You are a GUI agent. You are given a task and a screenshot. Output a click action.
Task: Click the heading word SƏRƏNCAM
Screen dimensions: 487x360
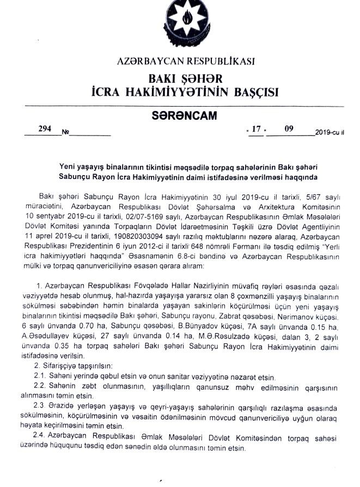click(x=185, y=115)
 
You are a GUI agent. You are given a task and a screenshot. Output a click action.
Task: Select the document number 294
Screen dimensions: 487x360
click(x=45, y=129)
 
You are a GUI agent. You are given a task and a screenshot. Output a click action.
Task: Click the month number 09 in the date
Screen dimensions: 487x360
click(x=289, y=129)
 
